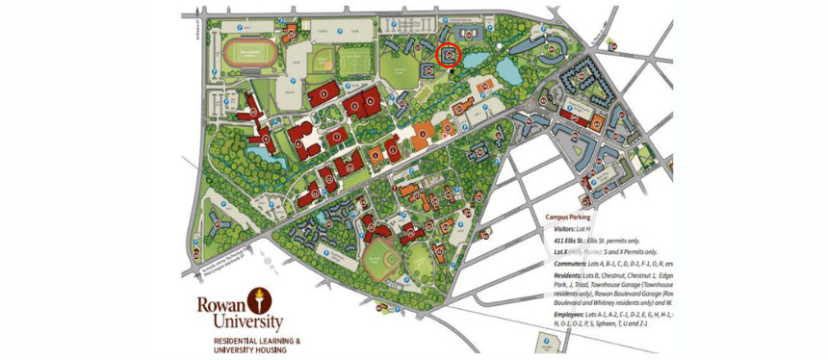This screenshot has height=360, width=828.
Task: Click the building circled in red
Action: click(x=449, y=56)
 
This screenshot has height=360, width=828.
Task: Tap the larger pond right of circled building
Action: click(x=507, y=70)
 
